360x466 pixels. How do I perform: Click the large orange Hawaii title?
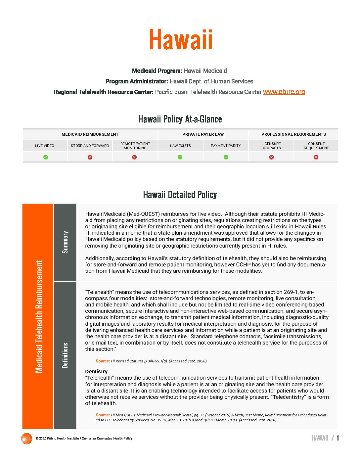coord(180,40)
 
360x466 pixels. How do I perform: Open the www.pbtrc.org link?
coord(284,92)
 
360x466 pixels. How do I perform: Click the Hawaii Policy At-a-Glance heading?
coord(180,119)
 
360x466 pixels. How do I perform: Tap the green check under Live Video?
coord(46,157)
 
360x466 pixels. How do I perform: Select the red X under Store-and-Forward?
coord(90,157)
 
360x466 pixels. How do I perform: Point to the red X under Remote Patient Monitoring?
coord(134,157)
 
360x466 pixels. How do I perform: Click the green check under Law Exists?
coord(180,157)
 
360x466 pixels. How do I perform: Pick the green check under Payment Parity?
coord(226,157)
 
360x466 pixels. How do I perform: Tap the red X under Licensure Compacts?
coord(271,157)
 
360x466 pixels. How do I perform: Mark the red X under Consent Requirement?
coord(316,157)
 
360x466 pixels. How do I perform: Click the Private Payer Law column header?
coord(203,134)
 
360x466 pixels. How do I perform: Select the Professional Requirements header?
coord(293,134)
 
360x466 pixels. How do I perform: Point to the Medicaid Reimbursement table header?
coord(90,134)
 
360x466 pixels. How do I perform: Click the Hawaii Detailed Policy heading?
coord(180,195)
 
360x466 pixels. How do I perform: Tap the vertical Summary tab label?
coord(65,242)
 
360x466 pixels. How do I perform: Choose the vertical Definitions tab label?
coord(65,355)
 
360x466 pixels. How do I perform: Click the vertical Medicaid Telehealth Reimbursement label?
coord(39,316)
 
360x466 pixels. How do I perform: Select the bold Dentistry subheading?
coord(96,372)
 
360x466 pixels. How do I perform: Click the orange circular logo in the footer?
coord(26,439)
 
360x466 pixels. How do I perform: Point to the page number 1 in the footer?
coord(338,438)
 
